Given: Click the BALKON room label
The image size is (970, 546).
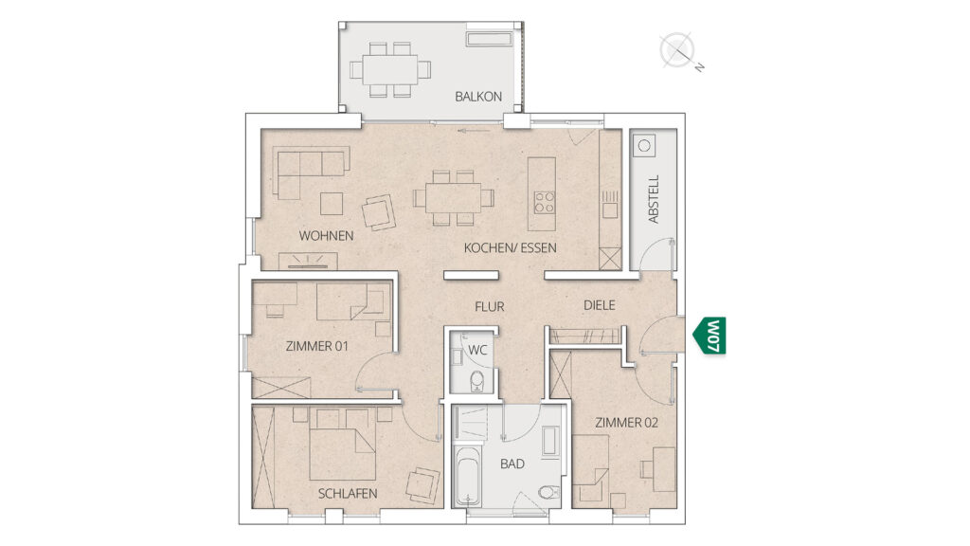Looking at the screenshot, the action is [x=478, y=97].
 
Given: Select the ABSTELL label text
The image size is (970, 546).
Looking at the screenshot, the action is [x=654, y=199].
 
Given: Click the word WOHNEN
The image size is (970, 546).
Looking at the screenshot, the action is [x=326, y=236].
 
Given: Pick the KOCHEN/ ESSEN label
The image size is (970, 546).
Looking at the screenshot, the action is [x=511, y=248].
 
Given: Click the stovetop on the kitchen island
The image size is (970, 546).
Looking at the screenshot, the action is [x=545, y=202].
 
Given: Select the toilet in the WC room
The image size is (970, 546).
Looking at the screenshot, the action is [x=477, y=381].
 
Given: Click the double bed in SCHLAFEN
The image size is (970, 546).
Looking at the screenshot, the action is [x=343, y=445].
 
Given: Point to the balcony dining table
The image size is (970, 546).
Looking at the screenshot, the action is [x=390, y=69].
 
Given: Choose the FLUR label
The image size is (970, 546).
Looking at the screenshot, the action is [x=490, y=306].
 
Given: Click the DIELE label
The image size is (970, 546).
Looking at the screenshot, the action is [x=600, y=305].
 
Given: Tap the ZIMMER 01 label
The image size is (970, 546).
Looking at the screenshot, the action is [x=316, y=347].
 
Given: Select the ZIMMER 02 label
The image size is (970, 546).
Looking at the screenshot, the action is [x=626, y=423].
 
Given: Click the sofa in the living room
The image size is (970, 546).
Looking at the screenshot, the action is [x=310, y=173].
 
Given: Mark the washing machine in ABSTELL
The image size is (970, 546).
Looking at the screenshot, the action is [x=644, y=146].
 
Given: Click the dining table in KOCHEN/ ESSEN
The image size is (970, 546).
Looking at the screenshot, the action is [x=453, y=198].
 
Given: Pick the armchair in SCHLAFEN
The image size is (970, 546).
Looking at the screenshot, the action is [x=422, y=483].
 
